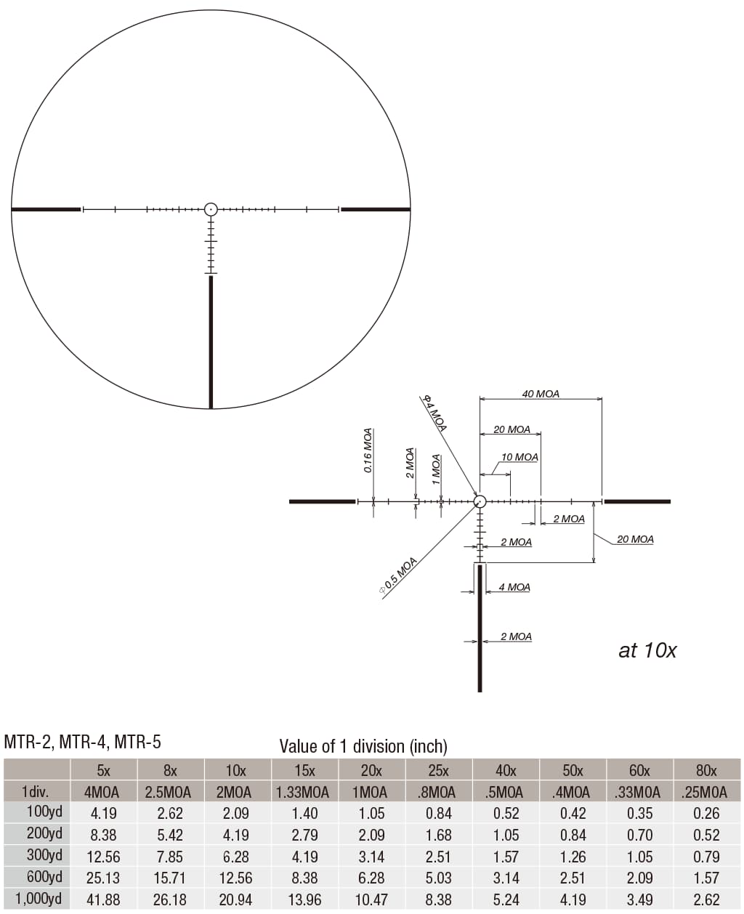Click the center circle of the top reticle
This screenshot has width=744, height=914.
click(211, 209)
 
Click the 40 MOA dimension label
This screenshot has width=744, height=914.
click(541, 394)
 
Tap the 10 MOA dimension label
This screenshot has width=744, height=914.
click(519, 457)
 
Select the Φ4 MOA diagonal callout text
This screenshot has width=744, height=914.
click(435, 413)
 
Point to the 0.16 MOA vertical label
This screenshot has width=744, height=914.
click(368, 450)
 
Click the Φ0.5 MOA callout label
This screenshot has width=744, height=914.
click(399, 576)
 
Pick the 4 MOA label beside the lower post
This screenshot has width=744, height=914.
click(514, 587)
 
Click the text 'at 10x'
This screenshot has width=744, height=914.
click(647, 650)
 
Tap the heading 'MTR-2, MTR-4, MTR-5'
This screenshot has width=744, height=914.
click(82, 742)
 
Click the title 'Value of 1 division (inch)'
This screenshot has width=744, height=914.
click(363, 746)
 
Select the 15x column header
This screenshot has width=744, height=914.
click(304, 770)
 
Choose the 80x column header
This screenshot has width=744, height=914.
click(705, 770)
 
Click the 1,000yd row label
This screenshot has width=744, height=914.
click(38, 899)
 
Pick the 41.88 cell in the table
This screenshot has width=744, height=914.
click(103, 899)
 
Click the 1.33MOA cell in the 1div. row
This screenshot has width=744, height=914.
click(303, 792)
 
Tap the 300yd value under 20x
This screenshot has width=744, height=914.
click(371, 857)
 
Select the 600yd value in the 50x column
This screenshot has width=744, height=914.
click(573, 878)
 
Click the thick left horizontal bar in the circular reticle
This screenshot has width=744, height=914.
click(46, 209)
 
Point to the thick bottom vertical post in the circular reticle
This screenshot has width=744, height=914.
click(211, 341)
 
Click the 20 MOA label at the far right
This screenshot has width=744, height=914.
click(634, 539)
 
